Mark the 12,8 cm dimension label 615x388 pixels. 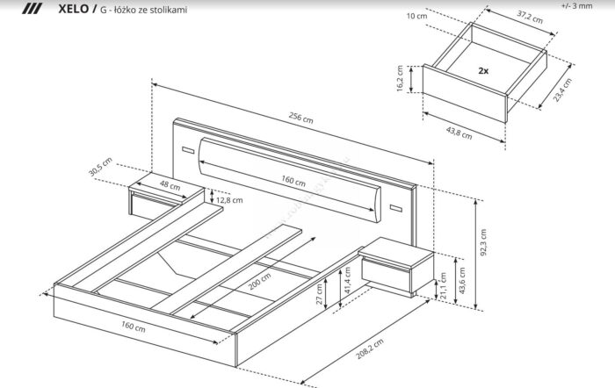pos(229,200)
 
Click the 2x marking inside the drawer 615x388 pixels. pos(483,69)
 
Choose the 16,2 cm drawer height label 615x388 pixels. pos(401,79)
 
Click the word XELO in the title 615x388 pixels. pos(71,10)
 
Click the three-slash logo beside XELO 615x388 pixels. pos(33,10)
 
